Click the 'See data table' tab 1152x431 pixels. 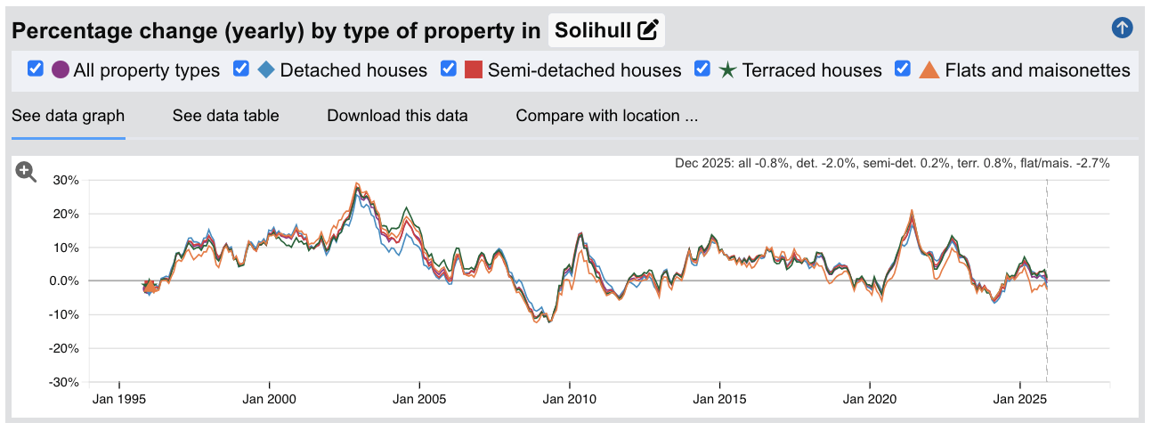coord(225,116)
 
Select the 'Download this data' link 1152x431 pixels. coord(397,116)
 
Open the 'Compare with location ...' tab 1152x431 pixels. coord(606,116)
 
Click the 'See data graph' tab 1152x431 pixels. coord(68,116)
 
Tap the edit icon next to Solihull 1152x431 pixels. coord(648,30)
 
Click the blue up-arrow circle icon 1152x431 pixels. coord(1122,28)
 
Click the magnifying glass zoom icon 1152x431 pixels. coord(26,173)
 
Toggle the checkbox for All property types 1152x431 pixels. coord(36,69)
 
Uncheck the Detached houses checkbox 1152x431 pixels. coord(241,69)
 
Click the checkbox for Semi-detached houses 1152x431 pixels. coord(450,69)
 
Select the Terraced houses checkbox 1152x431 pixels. coord(702,69)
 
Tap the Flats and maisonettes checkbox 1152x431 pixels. coord(903,69)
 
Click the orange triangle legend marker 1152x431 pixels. coord(929,69)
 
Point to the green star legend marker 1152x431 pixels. coord(727,69)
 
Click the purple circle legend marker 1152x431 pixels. coord(61,69)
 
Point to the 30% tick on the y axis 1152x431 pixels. coord(67,180)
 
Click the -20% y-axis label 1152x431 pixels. coord(64,348)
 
